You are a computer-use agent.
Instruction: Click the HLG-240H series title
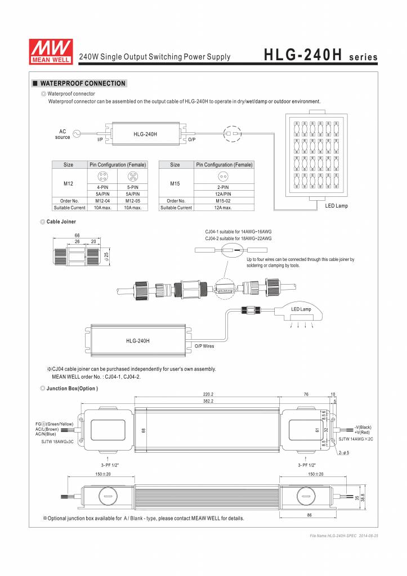pos(320,56)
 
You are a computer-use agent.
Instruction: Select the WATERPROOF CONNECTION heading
pos(82,83)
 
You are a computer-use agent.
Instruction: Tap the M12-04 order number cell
pos(102,201)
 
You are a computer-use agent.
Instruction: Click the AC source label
pos(62,134)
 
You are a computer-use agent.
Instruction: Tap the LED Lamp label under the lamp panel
pos(336,206)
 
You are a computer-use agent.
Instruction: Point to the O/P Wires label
pos(204,346)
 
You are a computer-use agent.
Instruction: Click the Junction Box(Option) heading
pos(73,389)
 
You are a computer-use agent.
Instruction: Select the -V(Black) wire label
pos(363,427)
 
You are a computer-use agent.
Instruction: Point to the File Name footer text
pos(344,536)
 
